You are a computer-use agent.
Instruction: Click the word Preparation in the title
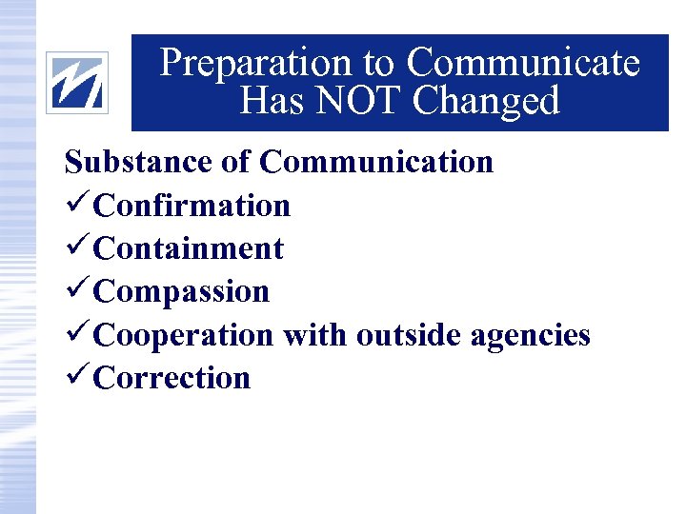[256, 63]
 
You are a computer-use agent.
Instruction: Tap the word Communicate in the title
[522, 63]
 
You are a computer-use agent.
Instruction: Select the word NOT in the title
[362, 100]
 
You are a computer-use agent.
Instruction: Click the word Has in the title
[272, 100]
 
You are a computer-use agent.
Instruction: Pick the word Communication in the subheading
[376, 162]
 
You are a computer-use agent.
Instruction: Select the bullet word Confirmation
[192, 205]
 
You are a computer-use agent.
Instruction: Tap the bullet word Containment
[190, 248]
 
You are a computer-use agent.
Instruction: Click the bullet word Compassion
[183, 291]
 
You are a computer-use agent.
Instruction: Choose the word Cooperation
[184, 335]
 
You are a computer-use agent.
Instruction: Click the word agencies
[535, 335]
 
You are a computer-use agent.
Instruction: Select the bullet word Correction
[173, 378]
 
